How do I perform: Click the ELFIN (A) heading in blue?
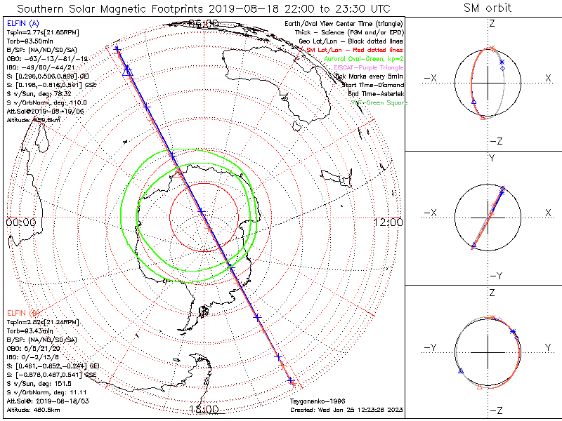pos(22,24)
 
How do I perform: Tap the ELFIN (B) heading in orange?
pos(23,312)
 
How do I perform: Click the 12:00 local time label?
pos(388,222)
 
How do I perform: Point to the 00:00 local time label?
pos(20,222)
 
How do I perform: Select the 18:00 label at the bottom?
pos(204,409)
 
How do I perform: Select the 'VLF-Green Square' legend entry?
pos(379,103)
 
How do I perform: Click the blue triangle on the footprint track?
pos(127,71)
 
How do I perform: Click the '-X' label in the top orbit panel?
pos(431,77)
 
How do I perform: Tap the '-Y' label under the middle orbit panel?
pos(495,275)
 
